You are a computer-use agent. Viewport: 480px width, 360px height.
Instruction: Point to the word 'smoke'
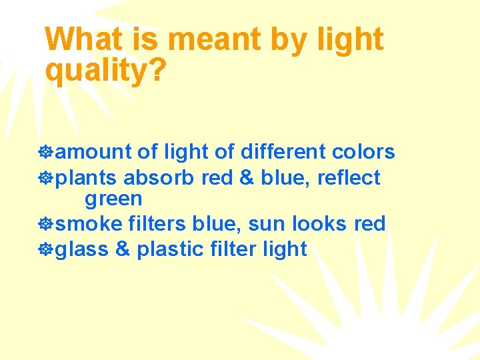(x=85, y=224)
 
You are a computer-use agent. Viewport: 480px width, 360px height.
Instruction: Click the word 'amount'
(x=93, y=153)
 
